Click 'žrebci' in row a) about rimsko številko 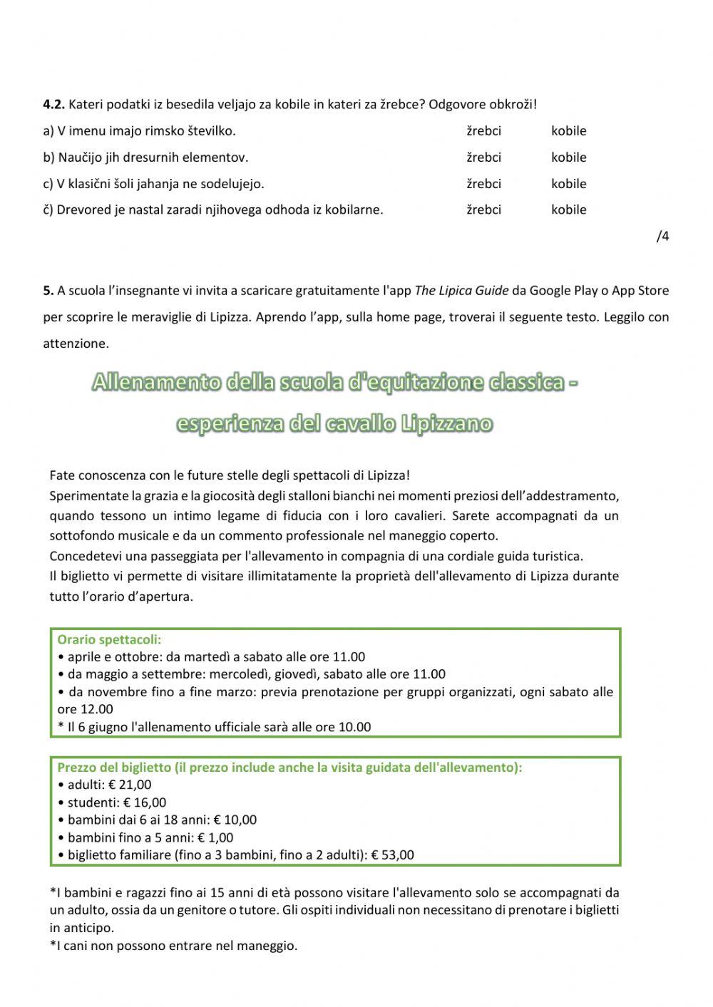tap(483, 131)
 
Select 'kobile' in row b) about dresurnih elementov tap(568, 157)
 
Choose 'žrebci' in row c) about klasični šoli tap(483, 184)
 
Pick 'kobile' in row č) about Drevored tap(568, 210)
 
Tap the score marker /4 tap(662, 237)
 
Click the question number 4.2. tap(54, 105)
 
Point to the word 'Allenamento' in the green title tap(156, 383)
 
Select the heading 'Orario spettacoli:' tap(109, 640)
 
